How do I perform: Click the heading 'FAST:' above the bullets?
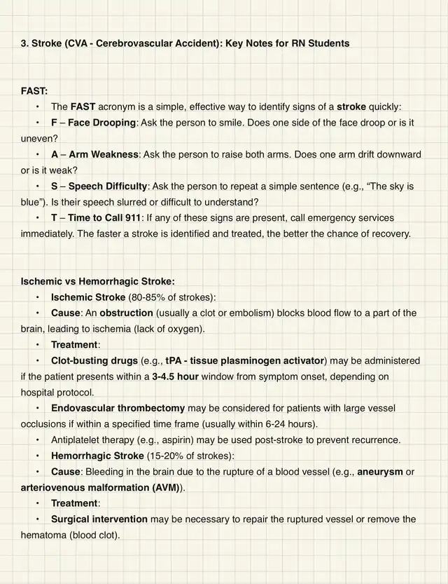coord(34,91)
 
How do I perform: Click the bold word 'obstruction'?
coord(124,313)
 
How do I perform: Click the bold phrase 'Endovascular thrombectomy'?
coord(118,408)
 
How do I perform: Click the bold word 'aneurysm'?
coord(380,472)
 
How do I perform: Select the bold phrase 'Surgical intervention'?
coord(99,520)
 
